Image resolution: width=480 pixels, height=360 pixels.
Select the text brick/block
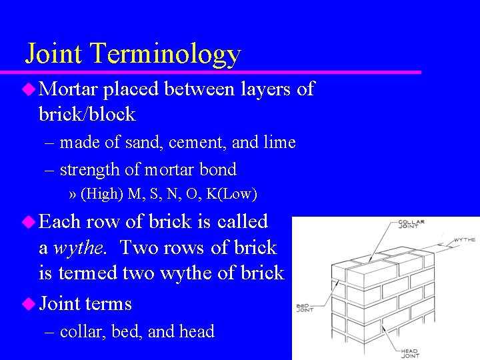[87, 115]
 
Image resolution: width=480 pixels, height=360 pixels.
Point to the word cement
[193, 143]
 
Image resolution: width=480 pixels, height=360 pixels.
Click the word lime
[280, 143]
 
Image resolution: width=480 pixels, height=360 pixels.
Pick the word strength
[90, 170]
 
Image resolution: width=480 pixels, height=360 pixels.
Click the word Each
[61, 221]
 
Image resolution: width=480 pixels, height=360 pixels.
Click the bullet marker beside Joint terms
[27, 303]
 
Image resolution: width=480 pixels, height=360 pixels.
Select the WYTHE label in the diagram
[464, 239]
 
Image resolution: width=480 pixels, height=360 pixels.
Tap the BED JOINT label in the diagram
[305, 308]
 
